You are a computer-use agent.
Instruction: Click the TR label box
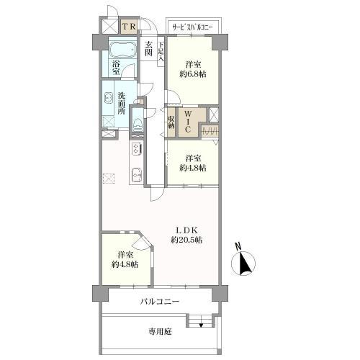pyautogui.click(x=130, y=27)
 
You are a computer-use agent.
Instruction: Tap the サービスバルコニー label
pyautogui.click(x=193, y=27)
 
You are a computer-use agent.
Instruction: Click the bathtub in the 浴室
pyautogui.click(x=122, y=49)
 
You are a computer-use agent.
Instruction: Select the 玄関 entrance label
pyautogui.click(x=149, y=48)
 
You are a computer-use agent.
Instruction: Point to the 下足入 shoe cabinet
pyautogui.click(x=161, y=51)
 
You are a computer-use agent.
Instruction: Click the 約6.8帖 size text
pyautogui.click(x=193, y=74)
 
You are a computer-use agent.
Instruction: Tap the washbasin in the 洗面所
pyautogui.click(x=108, y=99)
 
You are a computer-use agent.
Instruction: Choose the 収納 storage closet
pyautogui.click(x=171, y=122)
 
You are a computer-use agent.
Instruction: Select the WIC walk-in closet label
pyautogui.click(x=188, y=121)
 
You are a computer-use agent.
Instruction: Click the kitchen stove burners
pyautogui.click(x=136, y=149)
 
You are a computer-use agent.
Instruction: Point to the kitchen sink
pyautogui.click(x=137, y=174)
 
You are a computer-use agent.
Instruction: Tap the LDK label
pyautogui.click(x=187, y=230)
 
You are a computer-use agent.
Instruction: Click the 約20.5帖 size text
pyautogui.click(x=186, y=240)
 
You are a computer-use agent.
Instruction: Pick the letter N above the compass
pyautogui.click(x=238, y=246)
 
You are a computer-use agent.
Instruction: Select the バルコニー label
pyautogui.click(x=160, y=302)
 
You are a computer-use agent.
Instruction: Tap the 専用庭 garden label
pyautogui.click(x=160, y=332)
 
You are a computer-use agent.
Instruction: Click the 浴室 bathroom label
pyautogui.click(x=116, y=68)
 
